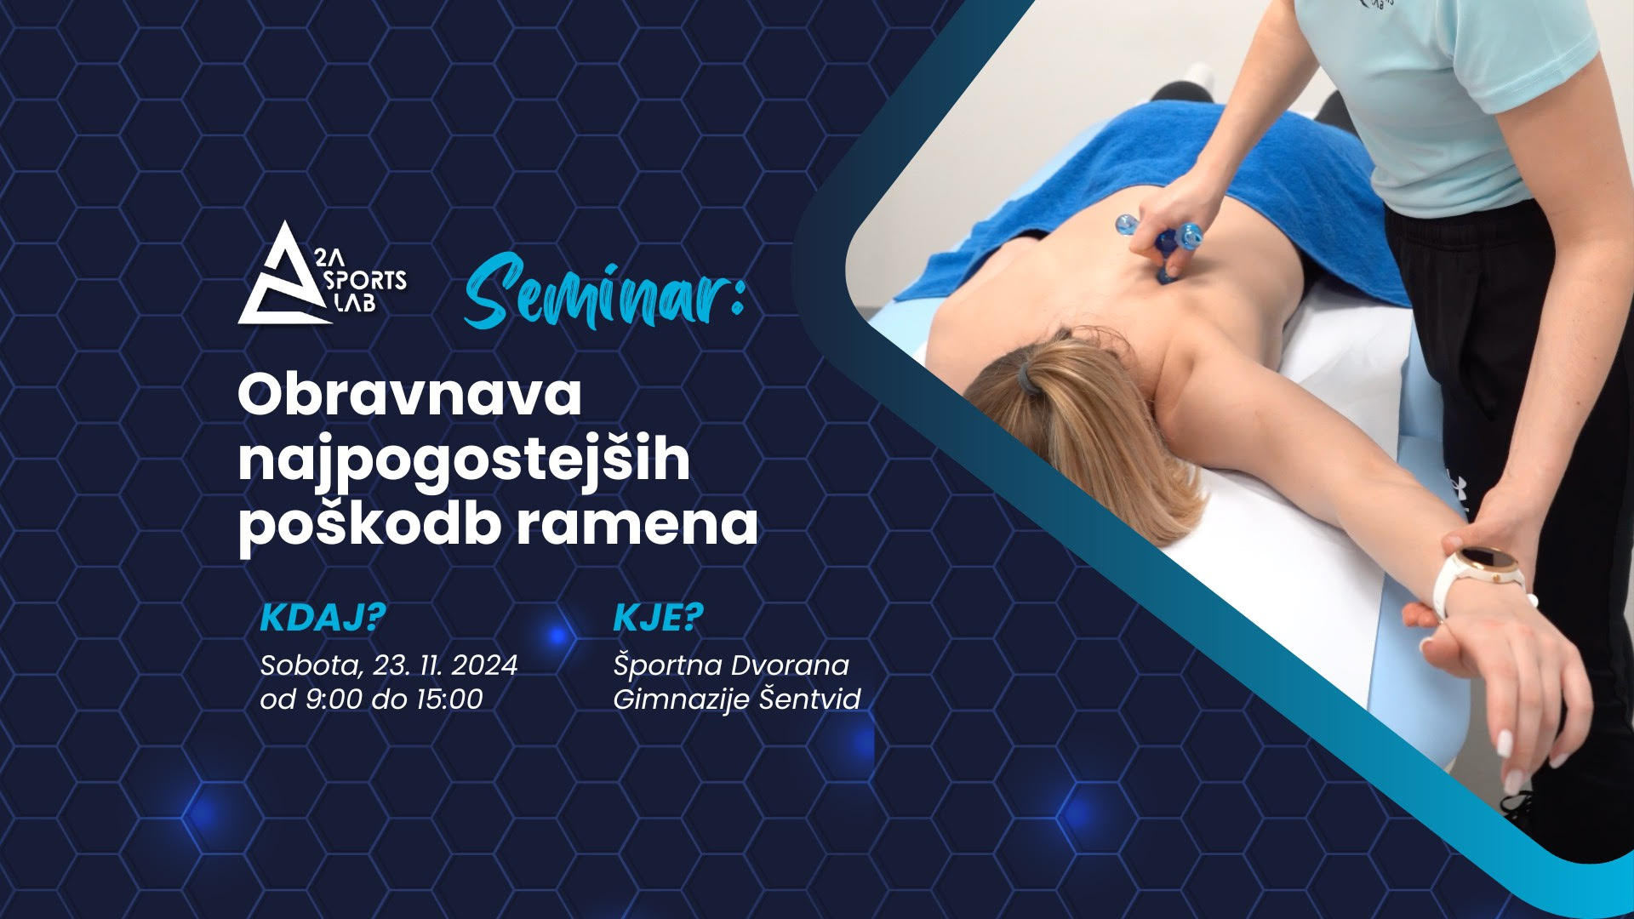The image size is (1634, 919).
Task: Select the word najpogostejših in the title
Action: point(464,460)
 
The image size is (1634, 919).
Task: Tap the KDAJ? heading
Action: point(323,619)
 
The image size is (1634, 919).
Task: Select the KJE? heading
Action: point(659,619)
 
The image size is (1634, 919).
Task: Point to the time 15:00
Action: point(449,699)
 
